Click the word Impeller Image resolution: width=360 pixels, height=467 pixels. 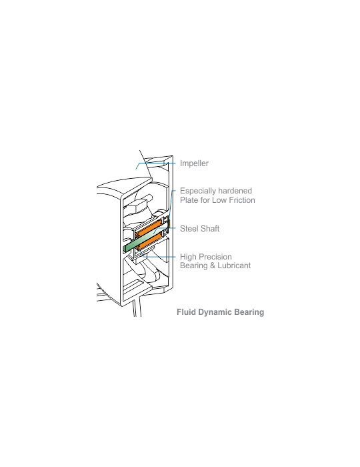[x=194, y=163]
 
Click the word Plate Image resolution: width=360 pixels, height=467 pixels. [x=189, y=200]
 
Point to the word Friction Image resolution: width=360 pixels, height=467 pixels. [x=242, y=200]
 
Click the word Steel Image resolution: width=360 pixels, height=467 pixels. [x=188, y=228]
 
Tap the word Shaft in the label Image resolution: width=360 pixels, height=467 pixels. [x=209, y=228]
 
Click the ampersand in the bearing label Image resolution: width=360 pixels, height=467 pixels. [x=213, y=266]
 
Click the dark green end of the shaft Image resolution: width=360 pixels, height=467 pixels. [x=125, y=249]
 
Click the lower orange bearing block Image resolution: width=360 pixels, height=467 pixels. [x=149, y=242]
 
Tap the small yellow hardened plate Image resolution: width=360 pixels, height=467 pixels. [x=169, y=224]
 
